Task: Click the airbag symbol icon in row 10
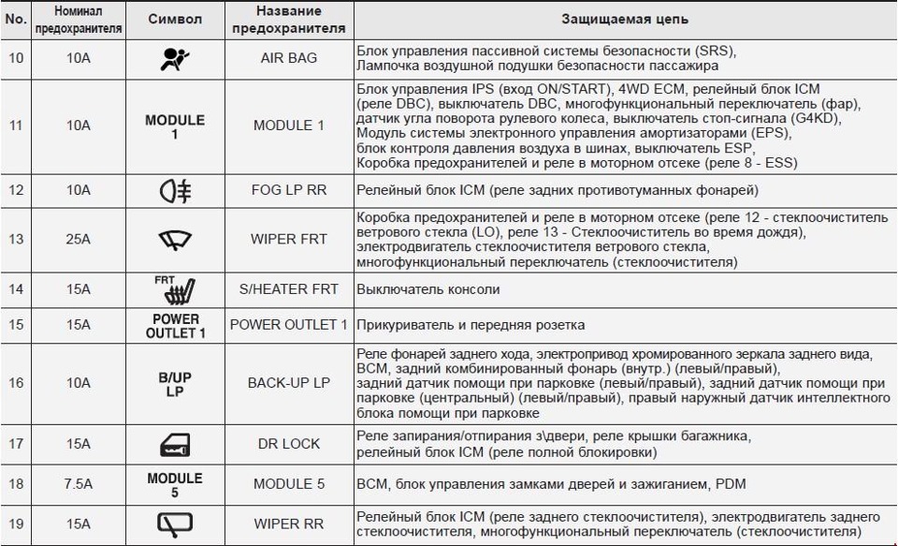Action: (x=174, y=58)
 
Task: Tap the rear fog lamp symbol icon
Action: (x=175, y=191)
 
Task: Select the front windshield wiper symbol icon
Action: (x=174, y=239)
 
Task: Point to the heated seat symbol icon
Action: (x=174, y=290)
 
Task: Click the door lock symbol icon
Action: (x=175, y=443)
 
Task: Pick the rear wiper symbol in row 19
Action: (x=175, y=524)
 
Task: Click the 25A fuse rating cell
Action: (x=79, y=239)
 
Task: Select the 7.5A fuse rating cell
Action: (x=79, y=484)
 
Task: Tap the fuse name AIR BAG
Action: (x=289, y=58)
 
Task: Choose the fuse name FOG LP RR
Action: (x=289, y=191)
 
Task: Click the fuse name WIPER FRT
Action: (x=289, y=239)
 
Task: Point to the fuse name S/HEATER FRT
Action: (x=289, y=290)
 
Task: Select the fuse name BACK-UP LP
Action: (x=289, y=383)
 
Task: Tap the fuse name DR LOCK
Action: (x=289, y=443)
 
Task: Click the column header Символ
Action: (x=175, y=20)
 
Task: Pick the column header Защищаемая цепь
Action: (x=625, y=20)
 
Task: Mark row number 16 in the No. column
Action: (x=15, y=383)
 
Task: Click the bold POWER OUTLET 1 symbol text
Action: (x=175, y=325)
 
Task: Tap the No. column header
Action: (x=15, y=20)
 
